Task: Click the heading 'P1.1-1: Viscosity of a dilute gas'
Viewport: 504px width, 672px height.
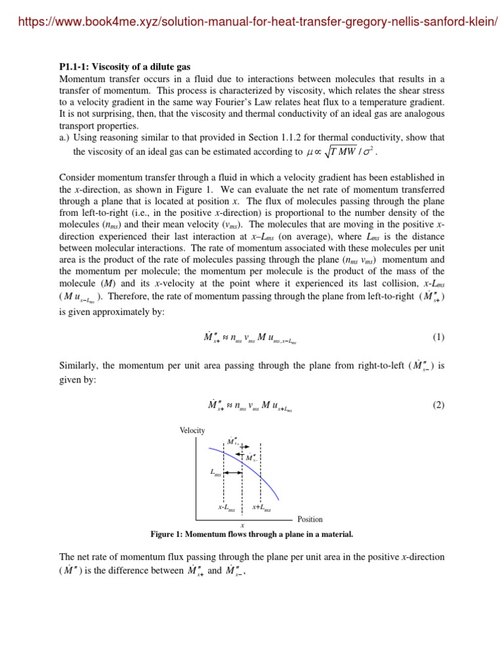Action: coord(125,67)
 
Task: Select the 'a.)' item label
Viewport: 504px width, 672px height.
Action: coord(65,138)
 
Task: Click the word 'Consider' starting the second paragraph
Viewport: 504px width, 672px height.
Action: coord(77,177)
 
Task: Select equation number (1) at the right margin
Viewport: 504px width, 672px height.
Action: coord(438,337)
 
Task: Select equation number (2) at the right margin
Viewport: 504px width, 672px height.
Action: coord(438,405)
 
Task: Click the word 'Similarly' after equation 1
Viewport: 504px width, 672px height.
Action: coord(78,366)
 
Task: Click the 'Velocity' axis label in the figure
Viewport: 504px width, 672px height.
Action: coord(192,430)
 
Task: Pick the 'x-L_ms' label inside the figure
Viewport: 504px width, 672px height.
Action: coord(226,507)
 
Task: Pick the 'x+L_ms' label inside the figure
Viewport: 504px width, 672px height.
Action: coord(261,507)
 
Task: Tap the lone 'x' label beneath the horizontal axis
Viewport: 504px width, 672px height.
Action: coord(243,525)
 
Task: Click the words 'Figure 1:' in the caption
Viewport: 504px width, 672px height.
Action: coord(167,534)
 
